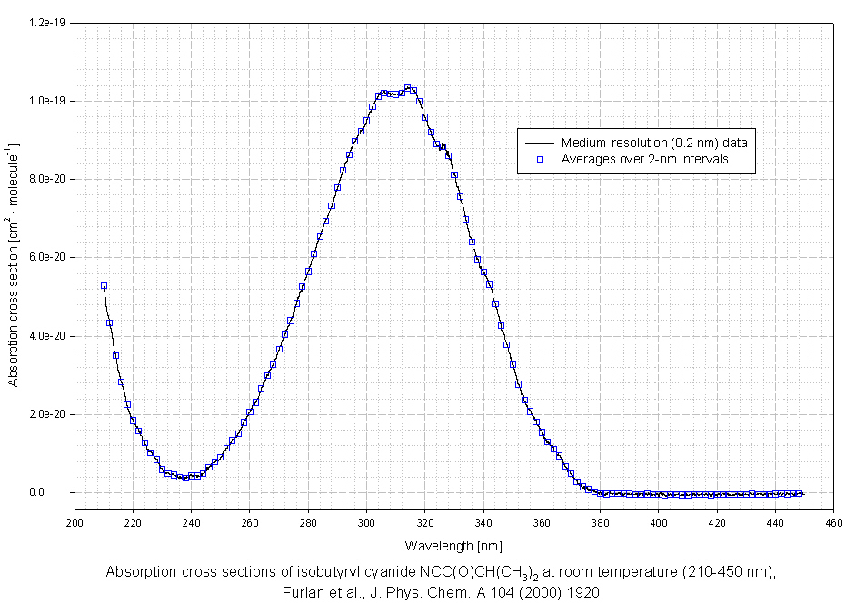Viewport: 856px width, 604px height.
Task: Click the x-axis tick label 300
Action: (366, 523)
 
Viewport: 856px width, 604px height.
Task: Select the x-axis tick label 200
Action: (75, 523)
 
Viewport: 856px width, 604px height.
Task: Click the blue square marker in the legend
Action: (539, 159)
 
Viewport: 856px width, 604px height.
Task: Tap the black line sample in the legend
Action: (539, 143)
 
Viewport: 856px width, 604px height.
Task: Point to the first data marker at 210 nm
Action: (104, 286)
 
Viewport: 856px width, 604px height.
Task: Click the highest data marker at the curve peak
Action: (407, 88)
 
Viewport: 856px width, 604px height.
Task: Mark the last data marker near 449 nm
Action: (801, 494)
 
